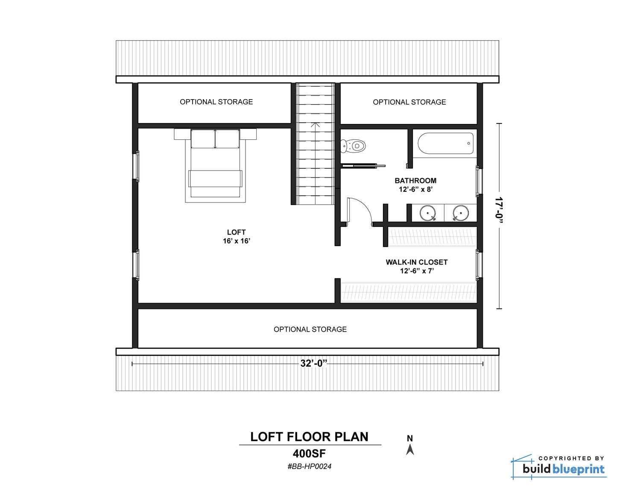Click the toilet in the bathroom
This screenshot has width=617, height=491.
click(x=353, y=146)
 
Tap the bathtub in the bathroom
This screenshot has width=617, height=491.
click(x=445, y=143)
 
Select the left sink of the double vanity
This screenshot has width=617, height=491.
click(x=428, y=213)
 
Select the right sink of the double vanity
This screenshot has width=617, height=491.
click(x=461, y=213)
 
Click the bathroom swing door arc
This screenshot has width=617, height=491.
click(x=365, y=205)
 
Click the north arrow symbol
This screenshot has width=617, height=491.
click(x=410, y=450)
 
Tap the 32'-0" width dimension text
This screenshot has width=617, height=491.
click(x=314, y=364)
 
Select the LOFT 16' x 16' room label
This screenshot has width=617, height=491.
click(x=237, y=236)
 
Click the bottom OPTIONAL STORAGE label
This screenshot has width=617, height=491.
click(x=310, y=329)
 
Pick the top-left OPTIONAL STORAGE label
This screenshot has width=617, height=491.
click(x=216, y=102)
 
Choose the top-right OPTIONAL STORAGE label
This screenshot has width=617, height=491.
click(x=409, y=102)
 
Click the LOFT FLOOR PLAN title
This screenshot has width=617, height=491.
click(x=310, y=437)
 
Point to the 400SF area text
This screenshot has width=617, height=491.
click(x=310, y=454)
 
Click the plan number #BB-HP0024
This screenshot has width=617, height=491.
click(x=310, y=467)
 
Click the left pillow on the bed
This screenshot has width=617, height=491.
click(x=203, y=139)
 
